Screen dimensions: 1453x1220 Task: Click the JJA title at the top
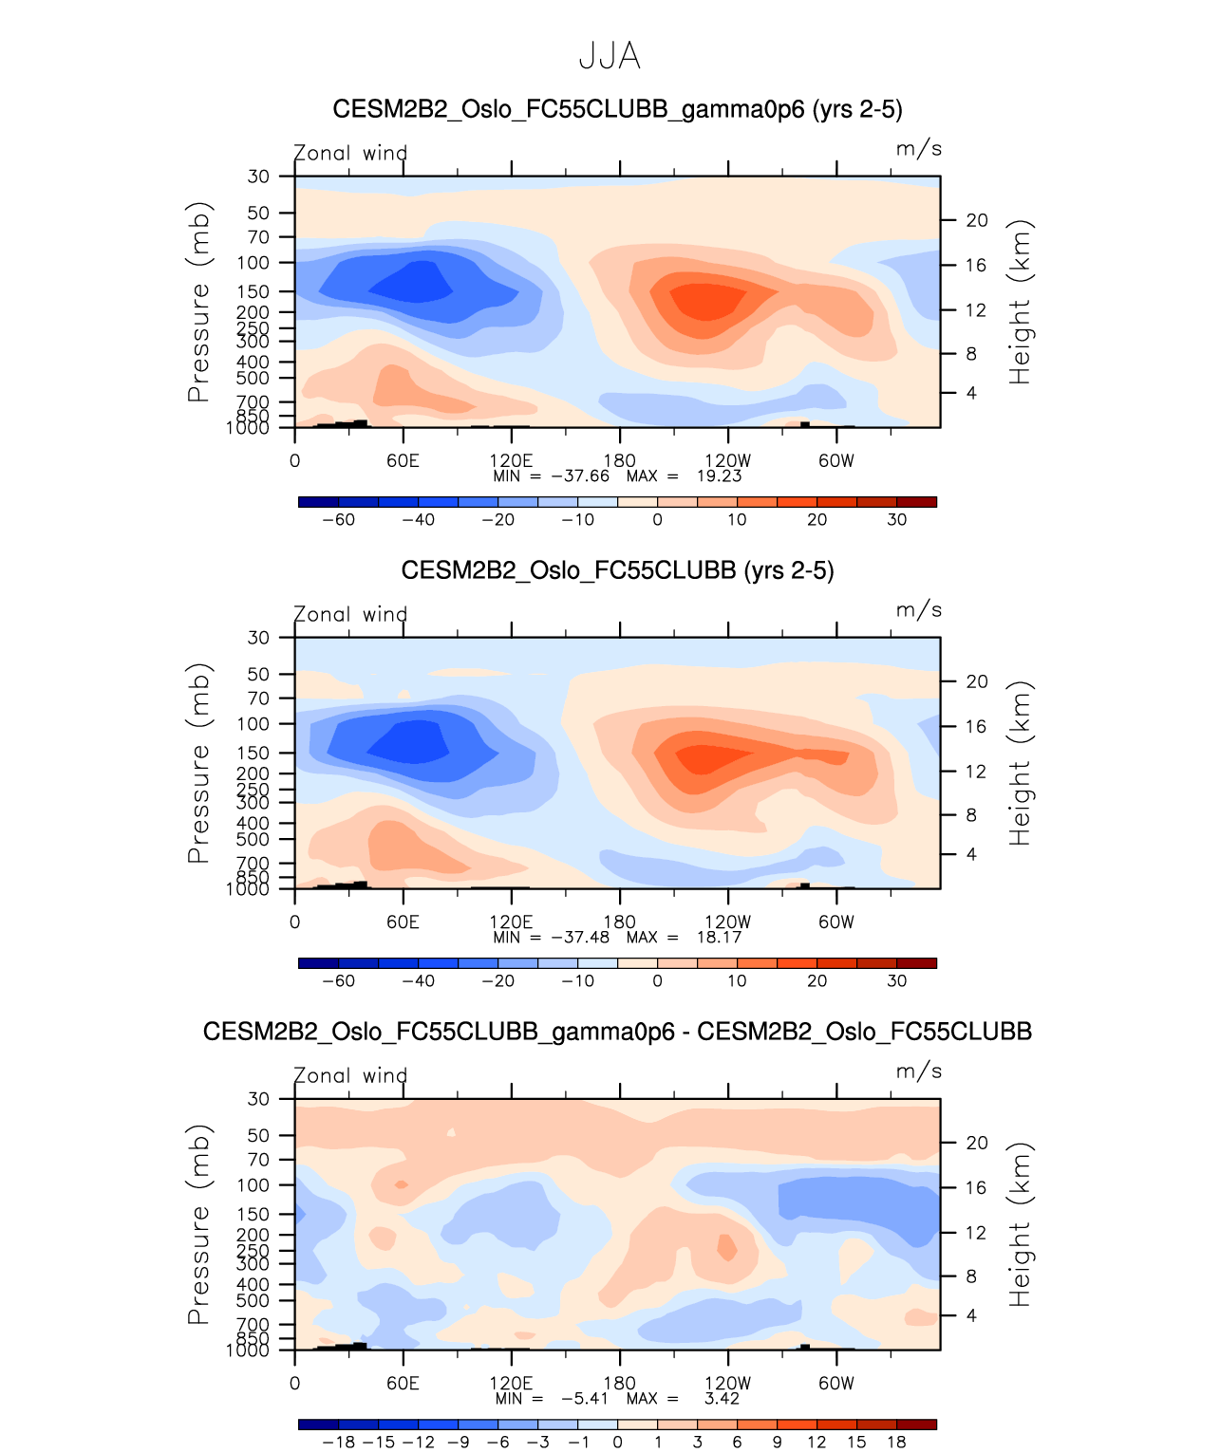pyautogui.click(x=610, y=57)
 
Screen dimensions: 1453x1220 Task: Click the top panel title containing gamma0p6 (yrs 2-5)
pyautogui.click(x=617, y=109)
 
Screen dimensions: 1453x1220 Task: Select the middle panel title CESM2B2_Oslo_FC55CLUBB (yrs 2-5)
pyautogui.click(x=617, y=570)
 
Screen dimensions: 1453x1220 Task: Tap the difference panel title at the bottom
pyautogui.click(x=617, y=1032)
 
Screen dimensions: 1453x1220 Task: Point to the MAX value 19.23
pyautogui.click(x=719, y=476)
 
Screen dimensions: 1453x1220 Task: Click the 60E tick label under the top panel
pyautogui.click(x=403, y=461)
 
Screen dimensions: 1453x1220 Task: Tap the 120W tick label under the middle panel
pyautogui.click(x=727, y=922)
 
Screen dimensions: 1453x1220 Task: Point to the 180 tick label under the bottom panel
pyautogui.click(x=619, y=1384)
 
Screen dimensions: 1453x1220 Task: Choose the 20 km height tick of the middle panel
pyautogui.click(x=977, y=681)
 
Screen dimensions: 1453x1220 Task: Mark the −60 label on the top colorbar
pyautogui.click(x=338, y=520)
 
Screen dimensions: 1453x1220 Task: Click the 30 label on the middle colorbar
pyautogui.click(x=896, y=981)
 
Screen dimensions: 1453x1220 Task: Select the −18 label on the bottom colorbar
pyautogui.click(x=338, y=1443)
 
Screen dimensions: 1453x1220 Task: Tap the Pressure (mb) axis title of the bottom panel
pyautogui.click(x=198, y=1224)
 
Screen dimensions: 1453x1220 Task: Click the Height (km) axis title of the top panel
pyautogui.click(x=1020, y=302)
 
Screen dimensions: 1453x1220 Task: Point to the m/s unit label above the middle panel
pyautogui.click(x=918, y=610)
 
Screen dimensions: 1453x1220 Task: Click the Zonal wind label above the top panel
pyautogui.click(x=350, y=153)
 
